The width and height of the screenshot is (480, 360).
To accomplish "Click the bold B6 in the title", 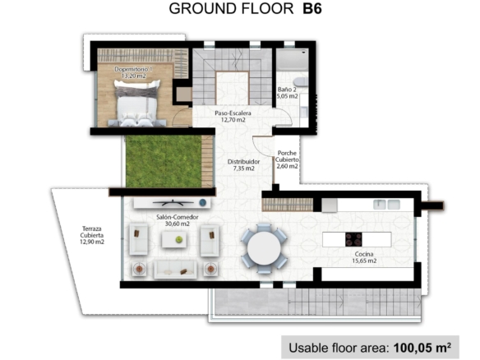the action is (x=312, y=8).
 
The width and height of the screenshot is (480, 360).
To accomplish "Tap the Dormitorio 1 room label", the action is (x=133, y=72).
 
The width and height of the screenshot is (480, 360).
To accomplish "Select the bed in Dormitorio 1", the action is (x=137, y=103).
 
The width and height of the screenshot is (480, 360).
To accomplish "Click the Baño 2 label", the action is (x=287, y=93).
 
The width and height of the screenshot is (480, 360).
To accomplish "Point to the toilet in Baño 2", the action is (x=301, y=82).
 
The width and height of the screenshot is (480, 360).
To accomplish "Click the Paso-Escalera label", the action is (x=233, y=117).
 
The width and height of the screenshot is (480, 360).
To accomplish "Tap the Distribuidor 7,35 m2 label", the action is (x=243, y=164).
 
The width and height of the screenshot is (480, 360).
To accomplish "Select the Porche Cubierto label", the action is (x=287, y=159).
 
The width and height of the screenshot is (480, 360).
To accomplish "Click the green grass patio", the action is (x=164, y=161).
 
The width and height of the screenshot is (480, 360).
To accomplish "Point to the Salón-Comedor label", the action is (x=178, y=220).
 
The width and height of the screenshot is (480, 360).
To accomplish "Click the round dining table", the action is (x=264, y=248).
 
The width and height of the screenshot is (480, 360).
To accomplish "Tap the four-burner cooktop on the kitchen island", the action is (x=353, y=239).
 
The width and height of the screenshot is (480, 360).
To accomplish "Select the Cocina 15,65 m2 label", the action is (x=364, y=257).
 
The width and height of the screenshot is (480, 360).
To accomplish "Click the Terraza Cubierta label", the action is (x=92, y=235).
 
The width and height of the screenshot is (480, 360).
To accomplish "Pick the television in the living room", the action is (x=173, y=202).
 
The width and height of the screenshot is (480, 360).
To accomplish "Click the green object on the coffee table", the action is (x=179, y=239).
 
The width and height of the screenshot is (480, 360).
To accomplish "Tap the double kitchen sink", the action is (x=386, y=204).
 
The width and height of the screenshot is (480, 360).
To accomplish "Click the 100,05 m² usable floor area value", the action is (x=422, y=348).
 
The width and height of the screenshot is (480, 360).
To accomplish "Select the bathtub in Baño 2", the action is (x=293, y=60).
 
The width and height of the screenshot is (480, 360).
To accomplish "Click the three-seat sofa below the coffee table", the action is (x=175, y=270).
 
